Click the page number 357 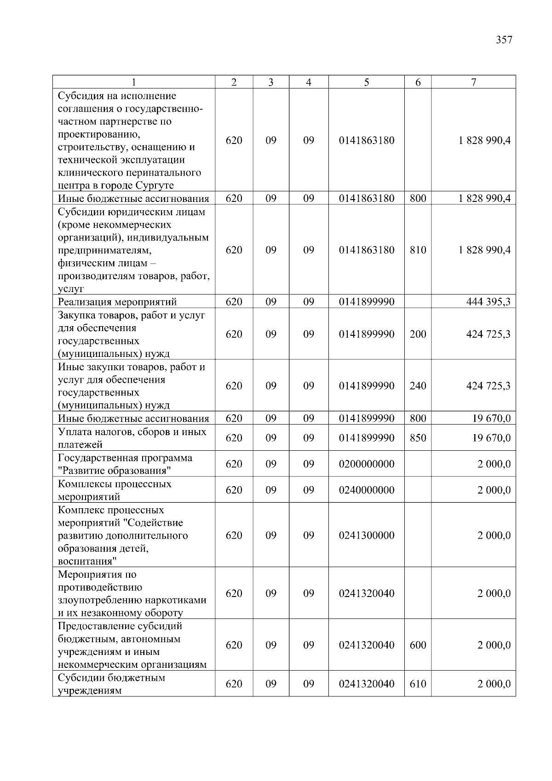[504, 40]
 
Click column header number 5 [366, 82]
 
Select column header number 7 [473, 82]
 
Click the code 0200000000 [367, 464]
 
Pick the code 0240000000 [367, 490]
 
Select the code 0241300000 [367, 535]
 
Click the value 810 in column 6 [418, 250]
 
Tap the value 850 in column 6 [418, 438]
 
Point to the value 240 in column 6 [418, 386]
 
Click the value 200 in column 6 [418, 334]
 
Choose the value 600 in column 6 [418, 645]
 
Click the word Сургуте [155, 186]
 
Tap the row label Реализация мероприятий [117, 302]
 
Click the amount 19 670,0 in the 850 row [491, 438]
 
